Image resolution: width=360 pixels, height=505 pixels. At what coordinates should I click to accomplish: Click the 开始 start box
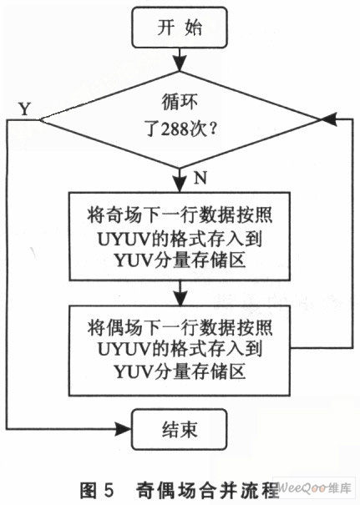click(x=180, y=28)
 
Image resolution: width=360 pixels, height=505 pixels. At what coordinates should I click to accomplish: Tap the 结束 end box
click(x=180, y=429)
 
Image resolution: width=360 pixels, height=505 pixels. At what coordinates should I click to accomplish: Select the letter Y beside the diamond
click(x=25, y=109)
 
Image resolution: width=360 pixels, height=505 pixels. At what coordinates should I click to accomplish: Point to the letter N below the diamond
click(x=200, y=178)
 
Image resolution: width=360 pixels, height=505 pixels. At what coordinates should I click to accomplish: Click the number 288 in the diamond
click(x=175, y=129)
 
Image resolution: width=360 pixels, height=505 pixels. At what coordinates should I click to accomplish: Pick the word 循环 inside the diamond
click(x=180, y=103)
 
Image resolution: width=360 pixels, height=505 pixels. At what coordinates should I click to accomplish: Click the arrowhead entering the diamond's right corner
click(x=327, y=119)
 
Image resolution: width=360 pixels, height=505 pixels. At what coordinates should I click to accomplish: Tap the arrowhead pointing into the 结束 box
click(x=123, y=429)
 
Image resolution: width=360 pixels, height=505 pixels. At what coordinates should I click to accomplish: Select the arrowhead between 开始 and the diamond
click(x=180, y=63)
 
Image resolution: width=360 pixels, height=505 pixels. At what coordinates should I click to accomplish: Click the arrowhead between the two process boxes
click(x=180, y=297)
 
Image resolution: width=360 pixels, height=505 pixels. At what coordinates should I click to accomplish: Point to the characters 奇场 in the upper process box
click(x=124, y=215)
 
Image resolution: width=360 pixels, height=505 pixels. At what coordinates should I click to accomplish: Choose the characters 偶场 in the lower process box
click(x=124, y=328)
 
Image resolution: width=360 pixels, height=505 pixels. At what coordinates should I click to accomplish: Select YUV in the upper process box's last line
click(x=133, y=260)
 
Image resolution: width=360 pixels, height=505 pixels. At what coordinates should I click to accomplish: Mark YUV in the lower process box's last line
click(x=133, y=371)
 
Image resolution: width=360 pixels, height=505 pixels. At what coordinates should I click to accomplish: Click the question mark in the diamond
click(x=212, y=129)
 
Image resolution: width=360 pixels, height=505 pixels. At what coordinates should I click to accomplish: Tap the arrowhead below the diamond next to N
click(x=180, y=184)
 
